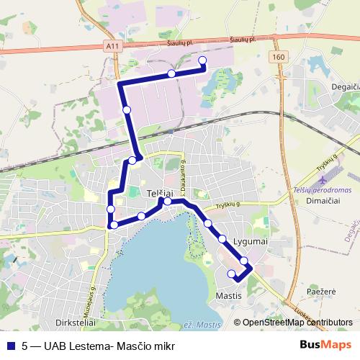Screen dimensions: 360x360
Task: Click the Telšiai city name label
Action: (160, 194)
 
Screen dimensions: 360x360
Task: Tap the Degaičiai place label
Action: (338, 86)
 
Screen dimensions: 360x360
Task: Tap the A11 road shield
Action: (111, 45)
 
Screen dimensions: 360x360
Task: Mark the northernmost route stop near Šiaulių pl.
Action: (202, 60)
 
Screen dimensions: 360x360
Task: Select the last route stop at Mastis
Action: (231, 274)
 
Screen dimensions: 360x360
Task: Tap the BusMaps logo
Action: (326, 346)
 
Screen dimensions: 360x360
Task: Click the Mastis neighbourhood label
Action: (228, 296)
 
